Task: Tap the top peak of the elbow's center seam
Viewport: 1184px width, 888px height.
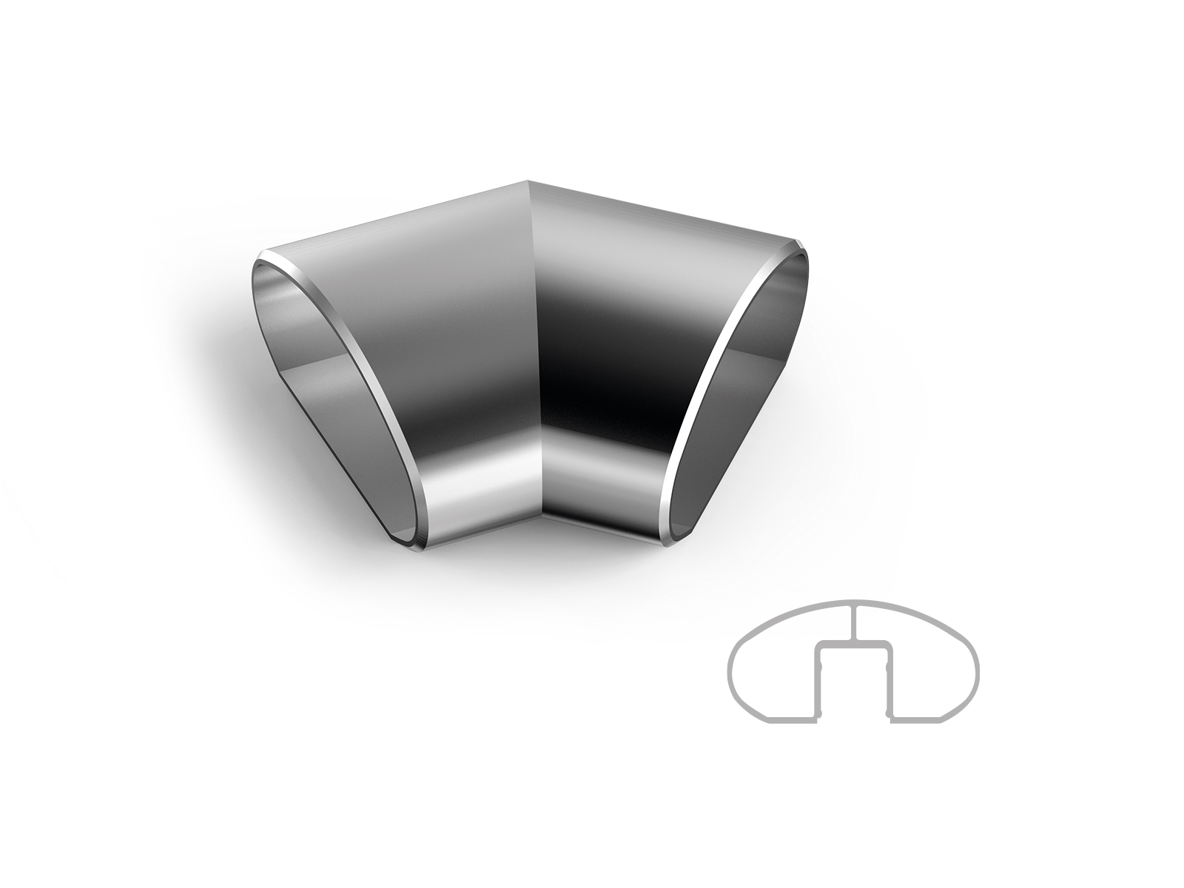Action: pyautogui.click(x=528, y=182)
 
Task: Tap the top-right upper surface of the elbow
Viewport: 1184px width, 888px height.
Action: pyautogui.click(x=651, y=222)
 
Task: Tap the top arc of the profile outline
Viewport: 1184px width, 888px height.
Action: pyautogui.click(x=855, y=601)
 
